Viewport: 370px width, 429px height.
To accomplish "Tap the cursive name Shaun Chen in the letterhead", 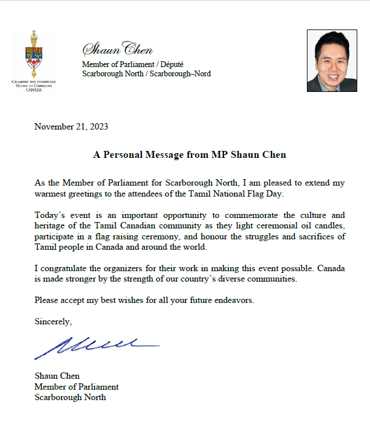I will click(x=118, y=49).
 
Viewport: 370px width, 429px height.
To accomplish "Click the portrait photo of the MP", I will click(x=332, y=60).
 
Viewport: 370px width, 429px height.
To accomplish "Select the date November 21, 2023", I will click(x=71, y=127).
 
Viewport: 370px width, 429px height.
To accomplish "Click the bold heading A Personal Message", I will click(x=189, y=155).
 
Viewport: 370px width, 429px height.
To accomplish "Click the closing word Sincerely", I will click(x=53, y=321).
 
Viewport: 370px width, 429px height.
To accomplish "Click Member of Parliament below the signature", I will click(x=76, y=386).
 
